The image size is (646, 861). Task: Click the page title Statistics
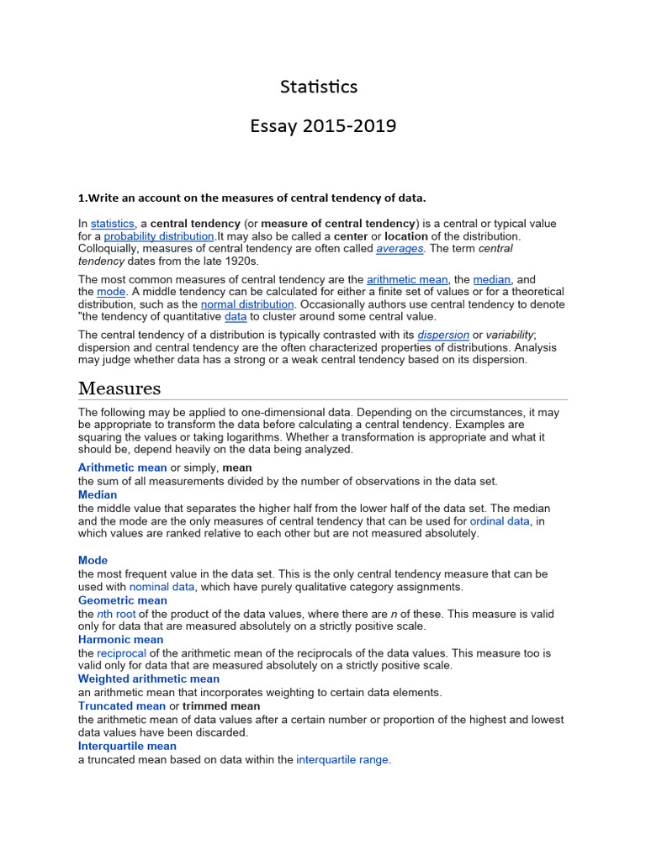tap(319, 87)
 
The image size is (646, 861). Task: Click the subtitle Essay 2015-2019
tap(323, 126)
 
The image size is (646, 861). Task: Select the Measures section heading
tap(119, 388)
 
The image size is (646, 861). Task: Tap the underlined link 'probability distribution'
tap(159, 236)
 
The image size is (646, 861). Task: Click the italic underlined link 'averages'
tap(400, 249)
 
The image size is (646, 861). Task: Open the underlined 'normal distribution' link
tap(247, 304)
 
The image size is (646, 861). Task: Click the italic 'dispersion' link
tap(443, 335)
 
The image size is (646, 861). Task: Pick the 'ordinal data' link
tap(500, 520)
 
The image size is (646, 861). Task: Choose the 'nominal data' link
tap(161, 586)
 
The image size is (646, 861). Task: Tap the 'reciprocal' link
tap(122, 652)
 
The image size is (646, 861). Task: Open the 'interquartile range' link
tap(342, 759)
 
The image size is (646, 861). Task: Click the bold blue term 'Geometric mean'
tap(123, 600)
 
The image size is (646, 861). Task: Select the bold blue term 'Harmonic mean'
tap(120, 639)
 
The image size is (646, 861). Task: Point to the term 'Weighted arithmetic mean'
tap(149, 679)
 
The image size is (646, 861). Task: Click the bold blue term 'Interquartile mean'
tap(127, 746)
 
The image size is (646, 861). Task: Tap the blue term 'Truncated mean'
tap(122, 705)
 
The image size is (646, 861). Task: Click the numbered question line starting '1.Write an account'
tap(252, 198)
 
